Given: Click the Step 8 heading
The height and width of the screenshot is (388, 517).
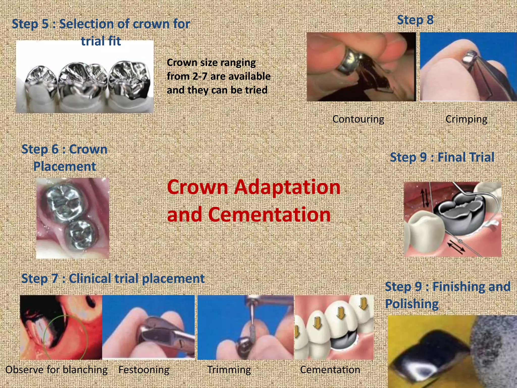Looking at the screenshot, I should point(415,20).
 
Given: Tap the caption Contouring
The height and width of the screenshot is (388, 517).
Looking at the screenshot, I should point(358,119).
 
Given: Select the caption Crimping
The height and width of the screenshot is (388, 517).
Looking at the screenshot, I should point(466,119).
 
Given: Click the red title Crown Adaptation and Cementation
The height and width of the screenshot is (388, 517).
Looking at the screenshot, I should point(253,201).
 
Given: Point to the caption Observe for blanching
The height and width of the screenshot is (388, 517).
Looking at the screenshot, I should point(56,370).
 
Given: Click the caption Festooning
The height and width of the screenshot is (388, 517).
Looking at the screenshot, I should point(144,370).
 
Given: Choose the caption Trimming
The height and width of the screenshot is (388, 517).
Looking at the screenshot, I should point(229,370).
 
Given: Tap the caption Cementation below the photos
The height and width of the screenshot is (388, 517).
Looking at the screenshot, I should point(330,370).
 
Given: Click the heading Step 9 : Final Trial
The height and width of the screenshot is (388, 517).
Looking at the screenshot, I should point(442,157).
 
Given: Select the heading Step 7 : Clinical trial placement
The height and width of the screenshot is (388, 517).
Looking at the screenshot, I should point(113,278).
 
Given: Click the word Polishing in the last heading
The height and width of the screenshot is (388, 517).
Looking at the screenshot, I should point(412,304).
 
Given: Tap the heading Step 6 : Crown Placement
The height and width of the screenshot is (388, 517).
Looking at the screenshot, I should point(64,158).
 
